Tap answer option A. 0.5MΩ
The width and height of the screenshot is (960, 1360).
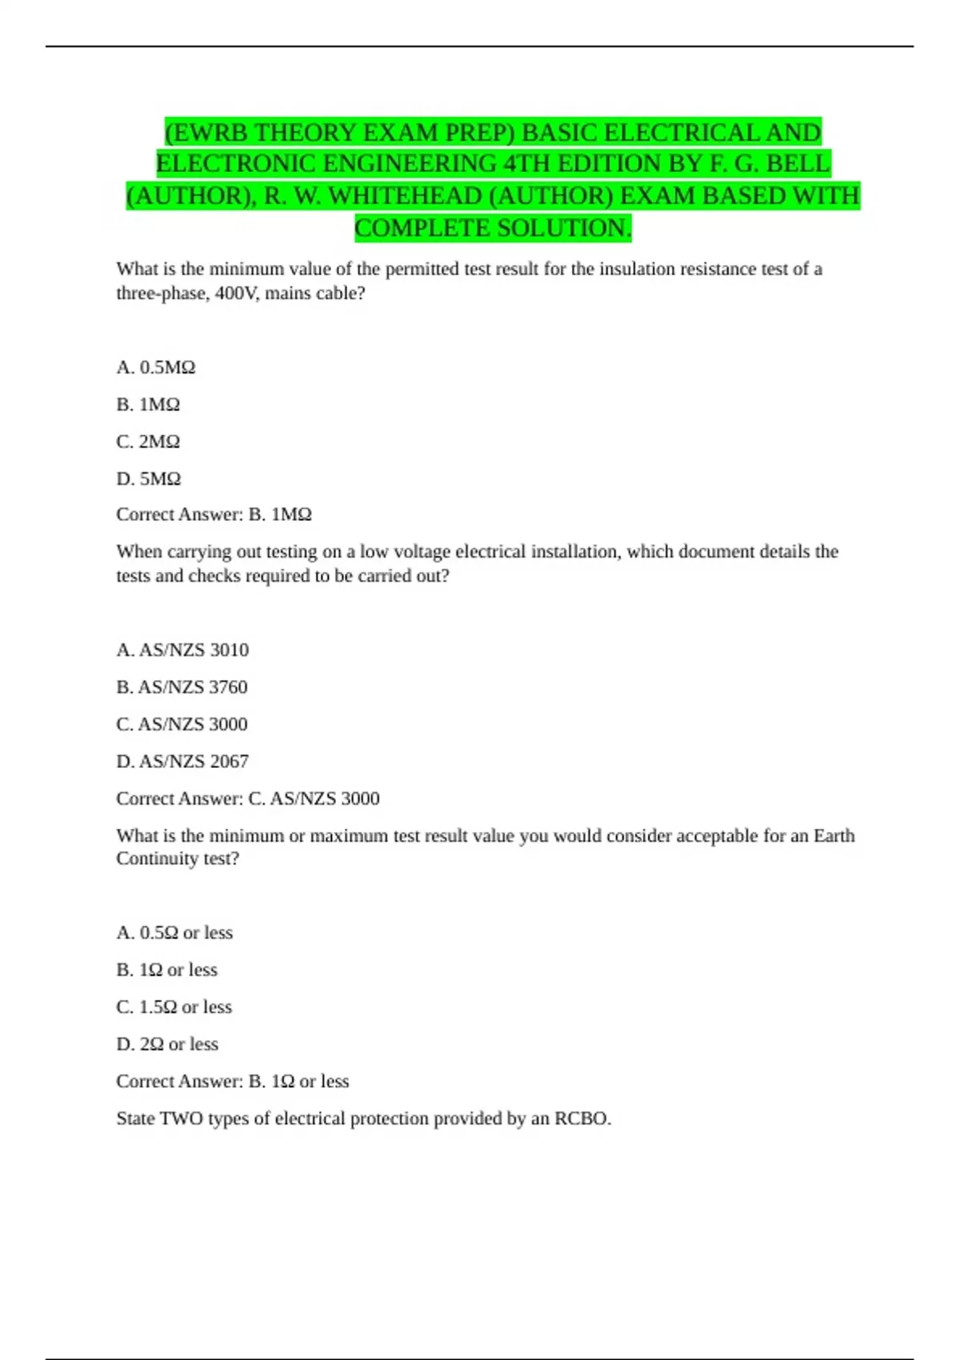pyautogui.click(x=156, y=367)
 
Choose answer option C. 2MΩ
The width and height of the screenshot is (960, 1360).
pyautogui.click(x=148, y=442)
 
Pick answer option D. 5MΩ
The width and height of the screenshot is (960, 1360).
pyautogui.click(x=149, y=478)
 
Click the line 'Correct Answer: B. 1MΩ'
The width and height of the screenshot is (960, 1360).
pyautogui.click(x=214, y=514)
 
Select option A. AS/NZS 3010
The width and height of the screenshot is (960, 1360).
pyautogui.click(x=182, y=650)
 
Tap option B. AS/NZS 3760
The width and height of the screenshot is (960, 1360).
pyautogui.click(x=182, y=686)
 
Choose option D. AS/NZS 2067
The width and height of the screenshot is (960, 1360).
pyautogui.click(x=182, y=761)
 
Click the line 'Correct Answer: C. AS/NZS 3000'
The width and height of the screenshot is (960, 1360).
pyautogui.click(x=248, y=798)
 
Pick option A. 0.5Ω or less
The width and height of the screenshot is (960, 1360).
pyautogui.click(x=174, y=933)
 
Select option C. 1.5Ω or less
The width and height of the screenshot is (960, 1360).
pyautogui.click(x=174, y=1006)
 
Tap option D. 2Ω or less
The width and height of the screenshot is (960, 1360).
pyautogui.click(x=167, y=1044)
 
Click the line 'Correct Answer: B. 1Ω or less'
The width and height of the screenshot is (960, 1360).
pyautogui.click(x=233, y=1082)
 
